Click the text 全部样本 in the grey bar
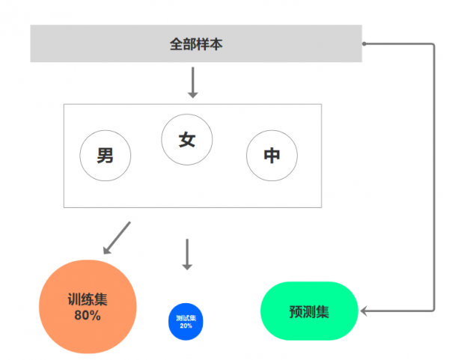[x=196, y=44]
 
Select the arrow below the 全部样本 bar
[x=192, y=82]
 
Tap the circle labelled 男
[x=106, y=156]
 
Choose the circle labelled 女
[x=187, y=139]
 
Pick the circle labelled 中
[x=272, y=156]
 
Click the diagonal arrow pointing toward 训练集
[x=116, y=237]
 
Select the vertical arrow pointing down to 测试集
[x=187, y=254]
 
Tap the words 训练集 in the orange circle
[x=88, y=299]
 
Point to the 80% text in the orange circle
[x=88, y=315]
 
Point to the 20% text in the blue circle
[x=186, y=326]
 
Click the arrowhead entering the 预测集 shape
[x=364, y=310]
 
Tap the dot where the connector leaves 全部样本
[x=364, y=44]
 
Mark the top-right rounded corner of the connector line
[x=432, y=46]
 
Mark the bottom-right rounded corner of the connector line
[x=432, y=308]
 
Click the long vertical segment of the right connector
[x=434, y=176]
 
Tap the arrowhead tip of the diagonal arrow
[x=103, y=252]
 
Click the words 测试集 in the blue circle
[x=186, y=318]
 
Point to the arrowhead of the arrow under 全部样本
[x=192, y=94]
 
